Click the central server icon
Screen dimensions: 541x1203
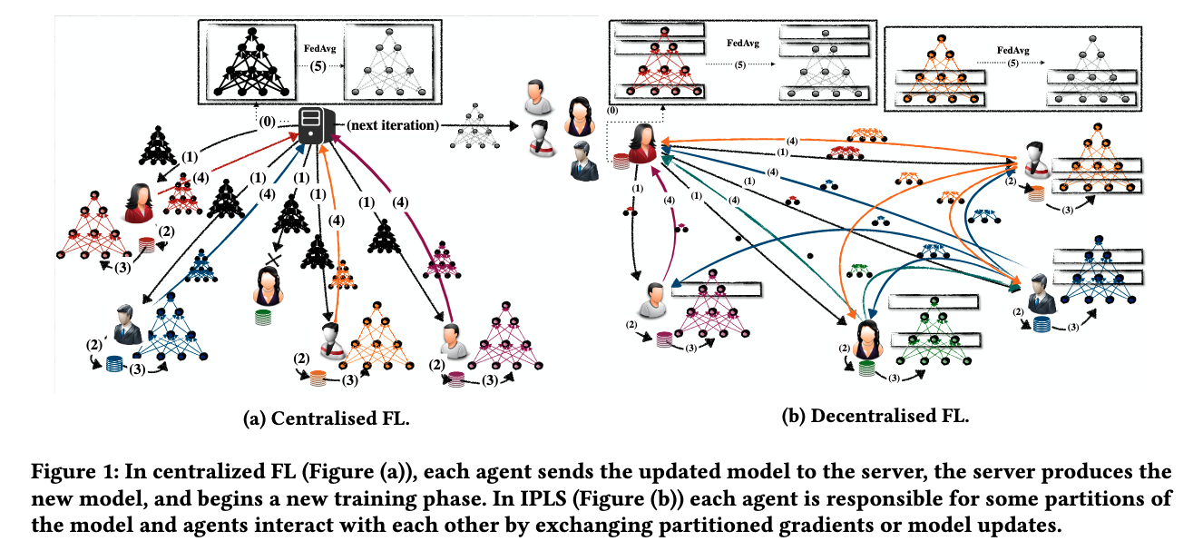coord(313,124)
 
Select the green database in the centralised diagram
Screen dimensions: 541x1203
coord(263,318)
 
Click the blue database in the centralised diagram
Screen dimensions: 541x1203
coord(114,364)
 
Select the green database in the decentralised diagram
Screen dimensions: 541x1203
coord(867,369)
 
